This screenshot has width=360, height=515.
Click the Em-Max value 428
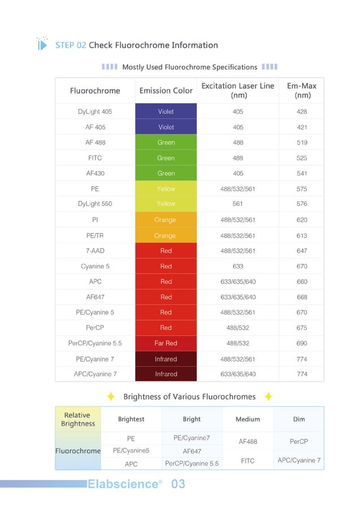[301, 112]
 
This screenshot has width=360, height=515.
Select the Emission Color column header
[166, 91]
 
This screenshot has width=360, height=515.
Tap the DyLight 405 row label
[95, 112]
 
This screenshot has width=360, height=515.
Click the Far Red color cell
[166, 343]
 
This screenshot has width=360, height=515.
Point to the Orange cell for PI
[165, 220]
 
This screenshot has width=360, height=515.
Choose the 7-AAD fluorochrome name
[95, 250]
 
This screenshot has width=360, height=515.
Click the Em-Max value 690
[301, 343]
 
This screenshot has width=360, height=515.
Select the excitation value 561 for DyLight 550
[238, 204]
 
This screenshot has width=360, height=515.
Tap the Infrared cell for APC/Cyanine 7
[166, 374]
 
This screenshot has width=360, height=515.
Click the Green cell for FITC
[166, 158]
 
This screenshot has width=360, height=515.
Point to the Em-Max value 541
[301, 174]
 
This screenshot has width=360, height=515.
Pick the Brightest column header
[131, 419]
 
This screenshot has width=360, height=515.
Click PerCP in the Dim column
[299, 442]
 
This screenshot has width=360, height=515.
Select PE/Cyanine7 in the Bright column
[192, 438]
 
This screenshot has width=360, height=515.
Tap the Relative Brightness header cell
[78, 419]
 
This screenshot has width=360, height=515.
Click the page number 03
[178, 484]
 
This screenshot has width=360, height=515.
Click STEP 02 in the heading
[71, 45]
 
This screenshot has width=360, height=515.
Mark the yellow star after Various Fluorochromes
[269, 397]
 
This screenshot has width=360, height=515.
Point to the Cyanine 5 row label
[95, 266]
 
